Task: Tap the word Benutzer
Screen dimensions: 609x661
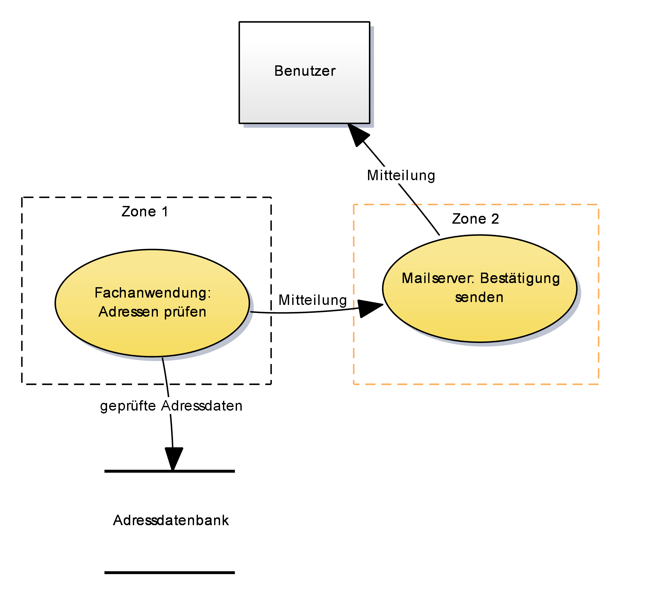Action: click(x=305, y=71)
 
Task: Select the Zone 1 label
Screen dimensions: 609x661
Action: click(x=145, y=212)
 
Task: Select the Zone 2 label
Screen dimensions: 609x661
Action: click(x=475, y=219)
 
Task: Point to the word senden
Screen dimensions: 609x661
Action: click(x=479, y=297)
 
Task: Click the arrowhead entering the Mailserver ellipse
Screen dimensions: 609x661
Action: click(x=369, y=308)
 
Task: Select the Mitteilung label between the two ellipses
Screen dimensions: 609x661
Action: click(x=313, y=300)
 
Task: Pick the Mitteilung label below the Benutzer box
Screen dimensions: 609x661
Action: click(x=401, y=175)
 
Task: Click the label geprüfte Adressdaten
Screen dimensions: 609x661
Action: click(x=171, y=406)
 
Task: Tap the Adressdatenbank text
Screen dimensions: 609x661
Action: click(x=171, y=520)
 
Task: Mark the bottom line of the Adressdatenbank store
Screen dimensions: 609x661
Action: click(x=170, y=573)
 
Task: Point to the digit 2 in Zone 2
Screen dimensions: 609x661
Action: click(x=495, y=219)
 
